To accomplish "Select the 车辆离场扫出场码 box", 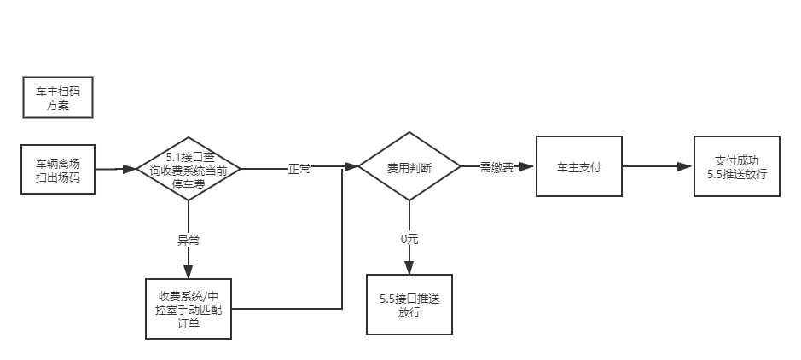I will point(58,169).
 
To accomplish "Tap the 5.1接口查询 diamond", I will point(189,169).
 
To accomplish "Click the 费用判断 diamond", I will point(409,167).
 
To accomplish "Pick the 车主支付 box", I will point(578,166).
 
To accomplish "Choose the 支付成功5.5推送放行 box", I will point(737,166).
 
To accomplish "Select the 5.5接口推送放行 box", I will point(409,304).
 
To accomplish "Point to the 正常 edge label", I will point(299,169).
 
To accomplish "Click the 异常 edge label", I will point(189,241).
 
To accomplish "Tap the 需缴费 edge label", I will point(496,167).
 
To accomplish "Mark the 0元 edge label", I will point(409,239).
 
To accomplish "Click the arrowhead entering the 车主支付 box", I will point(528,167).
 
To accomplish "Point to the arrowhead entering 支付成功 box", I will point(687,167).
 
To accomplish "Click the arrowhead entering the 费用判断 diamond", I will point(351,167).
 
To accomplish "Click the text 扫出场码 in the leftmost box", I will point(58,177).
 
